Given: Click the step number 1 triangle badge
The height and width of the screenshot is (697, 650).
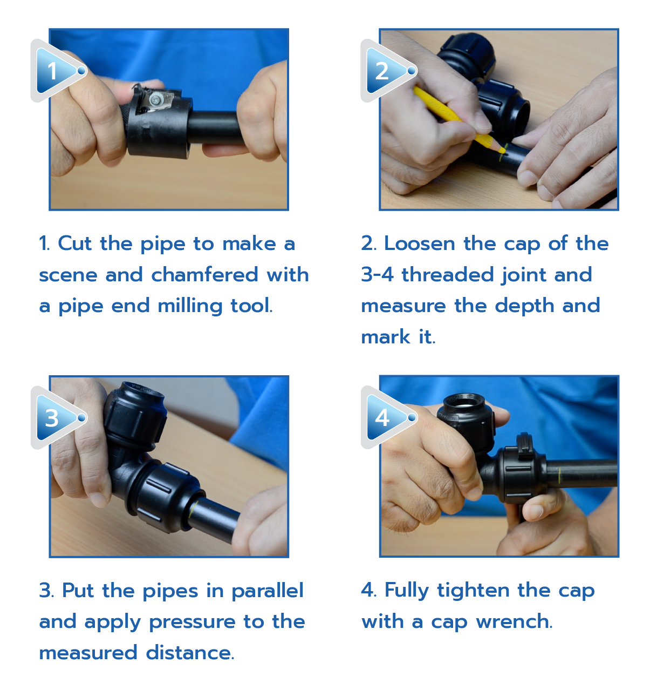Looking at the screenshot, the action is click(x=58, y=71).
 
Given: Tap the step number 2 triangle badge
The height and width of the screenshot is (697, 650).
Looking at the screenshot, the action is click(x=388, y=71).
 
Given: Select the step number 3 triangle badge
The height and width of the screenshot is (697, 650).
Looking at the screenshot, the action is click(x=58, y=417).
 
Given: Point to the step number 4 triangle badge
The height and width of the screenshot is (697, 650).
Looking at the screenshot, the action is click(x=388, y=417).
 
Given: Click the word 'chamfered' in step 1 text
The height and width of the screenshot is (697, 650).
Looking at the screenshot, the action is click(x=205, y=274).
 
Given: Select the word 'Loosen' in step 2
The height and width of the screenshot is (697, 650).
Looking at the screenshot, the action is click(x=420, y=243).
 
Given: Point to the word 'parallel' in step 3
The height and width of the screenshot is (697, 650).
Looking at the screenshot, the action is click(x=268, y=590).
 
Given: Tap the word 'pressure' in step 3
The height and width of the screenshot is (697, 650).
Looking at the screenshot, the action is click(x=192, y=622).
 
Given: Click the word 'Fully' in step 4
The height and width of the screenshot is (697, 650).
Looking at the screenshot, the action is click(x=407, y=591).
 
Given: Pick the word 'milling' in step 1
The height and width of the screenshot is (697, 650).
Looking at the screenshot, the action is click(x=190, y=306).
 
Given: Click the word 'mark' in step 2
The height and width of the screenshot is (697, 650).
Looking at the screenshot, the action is click(x=385, y=336).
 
